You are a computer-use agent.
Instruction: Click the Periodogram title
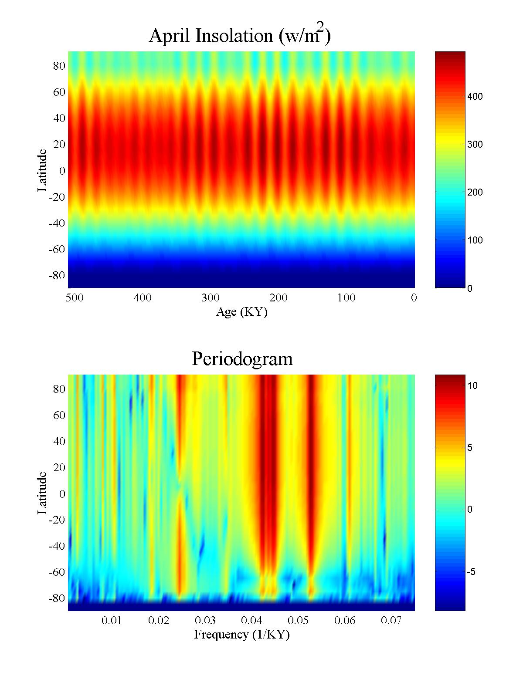pyautogui.click(x=242, y=359)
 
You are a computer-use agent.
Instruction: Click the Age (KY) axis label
pyautogui.click(x=241, y=312)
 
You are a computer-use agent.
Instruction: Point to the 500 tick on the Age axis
pyautogui.click(x=75, y=298)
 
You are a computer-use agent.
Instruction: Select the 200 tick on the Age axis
pyautogui.click(x=278, y=298)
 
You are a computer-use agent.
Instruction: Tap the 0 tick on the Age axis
pyautogui.click(x=414, y=298)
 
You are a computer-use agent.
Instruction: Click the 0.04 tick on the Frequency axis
pyautogui.click(x=251, y=620)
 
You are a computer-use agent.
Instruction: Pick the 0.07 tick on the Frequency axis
pyautogui.click(x=391, y=620)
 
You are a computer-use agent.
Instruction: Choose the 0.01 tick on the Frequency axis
pyautogui.click(x=112, y=620)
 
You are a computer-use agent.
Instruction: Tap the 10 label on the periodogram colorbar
pyautogui.click(x=473, y=385)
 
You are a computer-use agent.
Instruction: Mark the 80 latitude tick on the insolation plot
pyautogui.click(x=59, y=66)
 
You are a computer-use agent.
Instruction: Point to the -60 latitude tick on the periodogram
pyautogui.click(x=57, y=572)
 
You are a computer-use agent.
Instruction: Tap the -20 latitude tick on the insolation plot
pyautogui.click(x=57, y=197)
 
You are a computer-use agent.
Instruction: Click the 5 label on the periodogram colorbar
pyautogui.click(x=470, y=448)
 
